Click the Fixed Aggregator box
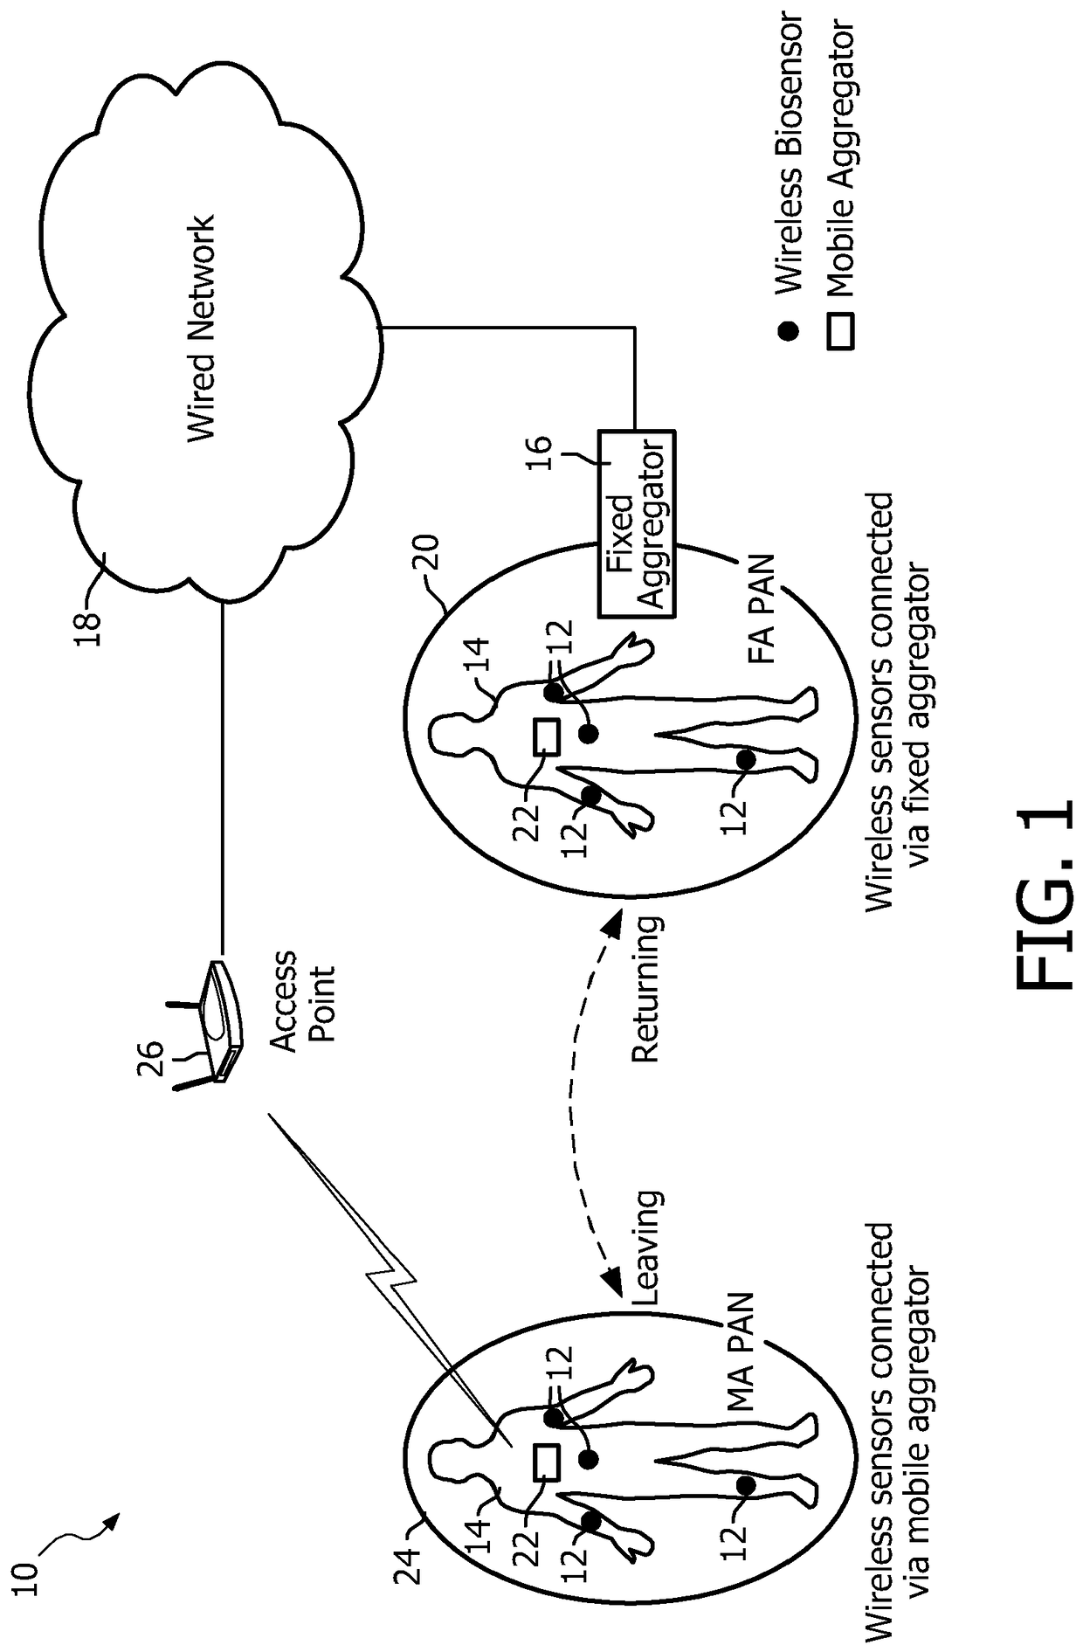coord(636,523)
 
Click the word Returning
coord(645,988)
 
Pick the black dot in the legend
coord(789,331)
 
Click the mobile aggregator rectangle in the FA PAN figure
coord(546,736)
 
